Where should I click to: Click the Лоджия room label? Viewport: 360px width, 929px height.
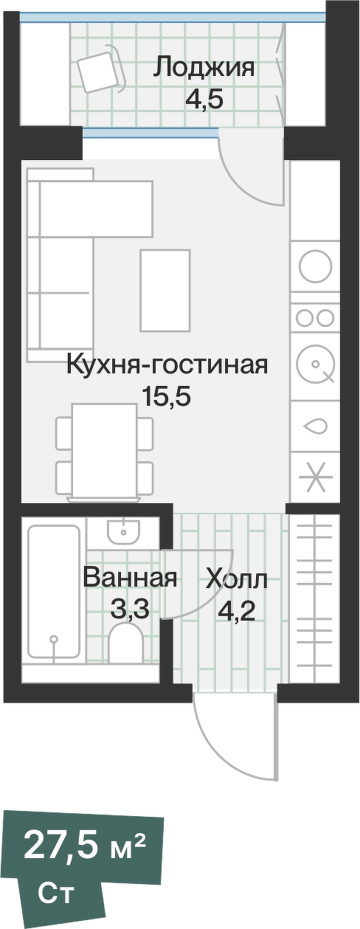click(x=204, y=69)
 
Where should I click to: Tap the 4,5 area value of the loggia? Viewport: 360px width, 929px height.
click(x=204, y=98)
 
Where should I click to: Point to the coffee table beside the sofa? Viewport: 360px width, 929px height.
click(x=165, y=291)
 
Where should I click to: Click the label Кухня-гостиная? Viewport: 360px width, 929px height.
click(x=166, y=364)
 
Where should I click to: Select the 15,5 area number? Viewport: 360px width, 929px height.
click(x=166, y=397)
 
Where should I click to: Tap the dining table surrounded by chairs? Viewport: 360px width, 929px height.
click(x=104, y=450)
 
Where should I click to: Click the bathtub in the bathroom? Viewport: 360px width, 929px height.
click(x=53, y=592)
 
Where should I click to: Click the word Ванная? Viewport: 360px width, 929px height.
click(x=130, y=578)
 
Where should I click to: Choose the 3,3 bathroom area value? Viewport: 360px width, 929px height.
click(x=130, y=609)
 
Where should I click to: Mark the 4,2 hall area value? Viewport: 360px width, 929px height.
click(x=236, y=610)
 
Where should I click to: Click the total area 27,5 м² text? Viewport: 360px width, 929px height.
click(x=84, y=846)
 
